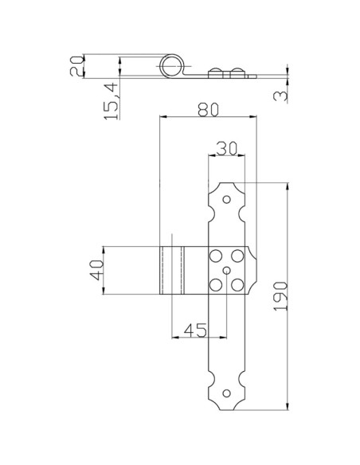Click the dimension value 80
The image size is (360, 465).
(x=207, y=109)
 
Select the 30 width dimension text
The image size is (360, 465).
(x=225, y=149)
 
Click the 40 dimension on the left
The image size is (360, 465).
(x=96, y=270)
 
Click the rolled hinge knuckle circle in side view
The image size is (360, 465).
(x=172, y=66)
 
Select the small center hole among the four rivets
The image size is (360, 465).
(x=227, y=271)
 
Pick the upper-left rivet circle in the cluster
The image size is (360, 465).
(x=215, y=256)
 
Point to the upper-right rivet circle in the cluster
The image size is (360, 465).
(x=238, y=256)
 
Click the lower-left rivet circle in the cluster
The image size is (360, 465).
(x=215, y=284)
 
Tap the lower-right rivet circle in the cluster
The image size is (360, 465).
(x=238, y=284)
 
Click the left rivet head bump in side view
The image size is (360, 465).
(x=216, y=73)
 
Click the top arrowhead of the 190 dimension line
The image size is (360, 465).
(x=286, y=185)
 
